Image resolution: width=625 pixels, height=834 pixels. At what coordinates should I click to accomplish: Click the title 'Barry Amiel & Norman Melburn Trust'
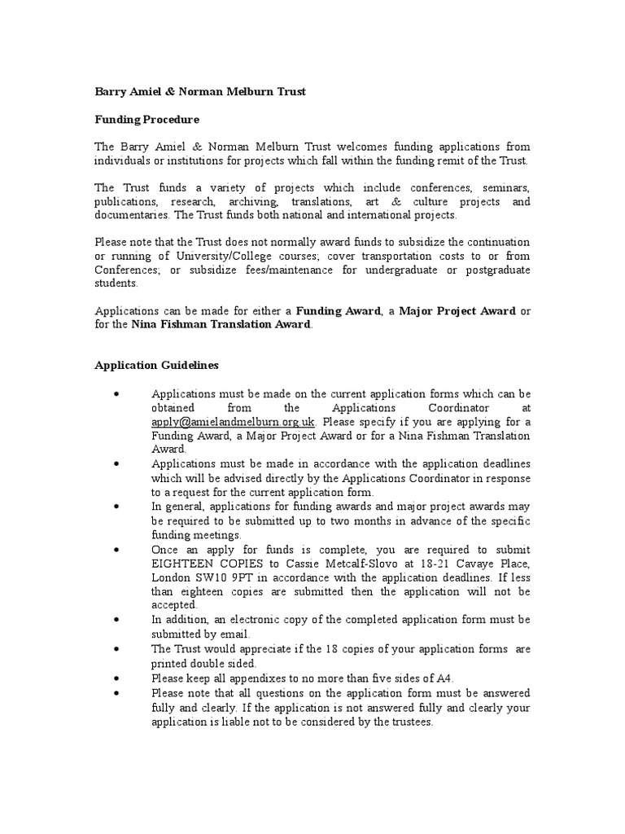[x=200, y=92]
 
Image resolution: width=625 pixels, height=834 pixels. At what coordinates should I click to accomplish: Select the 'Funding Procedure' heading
[x=146, y=120]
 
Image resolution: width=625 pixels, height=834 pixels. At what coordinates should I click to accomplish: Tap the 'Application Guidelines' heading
[x=156, y=366]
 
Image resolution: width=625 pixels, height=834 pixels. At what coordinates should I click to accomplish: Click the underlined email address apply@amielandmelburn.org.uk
[x=234, y=422]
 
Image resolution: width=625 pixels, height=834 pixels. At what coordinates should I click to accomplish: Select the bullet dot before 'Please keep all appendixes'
[x=118, y=678]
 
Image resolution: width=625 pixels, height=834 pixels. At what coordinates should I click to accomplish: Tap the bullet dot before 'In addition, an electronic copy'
[x=118, y=620]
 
